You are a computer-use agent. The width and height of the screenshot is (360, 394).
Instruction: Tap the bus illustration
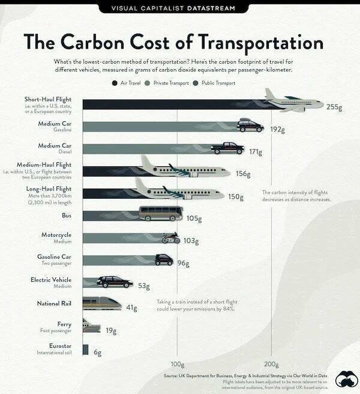coord(161,214)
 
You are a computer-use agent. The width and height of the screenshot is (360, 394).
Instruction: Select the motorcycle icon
coord(171,237)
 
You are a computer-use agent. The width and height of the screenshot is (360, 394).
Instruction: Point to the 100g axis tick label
coord(178,364)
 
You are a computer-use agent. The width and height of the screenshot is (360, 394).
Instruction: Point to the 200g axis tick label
coord(271,364)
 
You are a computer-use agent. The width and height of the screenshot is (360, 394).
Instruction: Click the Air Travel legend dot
coord(114,83)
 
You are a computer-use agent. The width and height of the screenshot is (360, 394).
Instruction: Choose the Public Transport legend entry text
coord(218,83)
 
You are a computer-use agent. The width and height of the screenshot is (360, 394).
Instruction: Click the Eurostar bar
coord(85,350)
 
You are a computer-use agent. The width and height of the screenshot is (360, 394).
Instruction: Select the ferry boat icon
coord(91,327)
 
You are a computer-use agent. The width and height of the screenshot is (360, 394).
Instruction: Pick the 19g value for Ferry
coord(111,330)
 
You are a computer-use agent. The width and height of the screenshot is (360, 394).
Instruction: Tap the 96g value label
coord(183,262)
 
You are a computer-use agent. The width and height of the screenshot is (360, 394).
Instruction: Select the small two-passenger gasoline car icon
coord(164,259)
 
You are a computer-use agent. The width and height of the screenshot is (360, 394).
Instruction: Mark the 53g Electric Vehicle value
coord(143,285)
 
